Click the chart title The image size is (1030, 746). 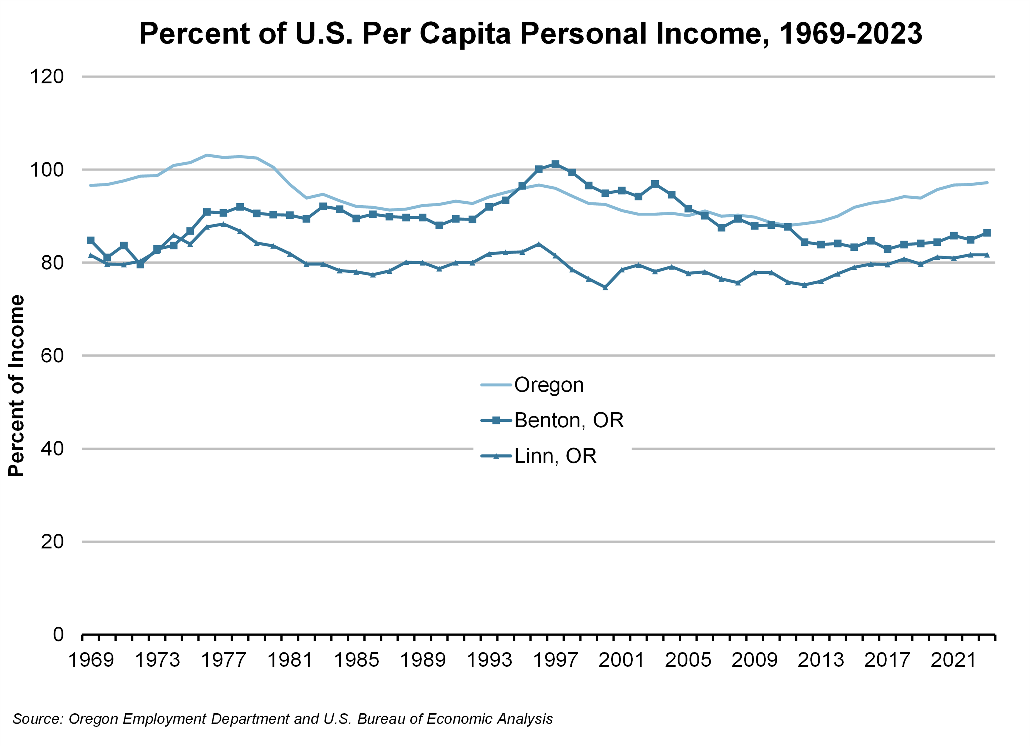click(531, 34)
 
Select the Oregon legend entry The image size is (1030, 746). click(548, 385)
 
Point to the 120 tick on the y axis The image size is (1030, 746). click(47, 77)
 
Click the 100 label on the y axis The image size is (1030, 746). click(47, 170)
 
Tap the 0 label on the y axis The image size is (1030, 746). click(58, 634)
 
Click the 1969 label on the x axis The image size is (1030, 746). click(91, 660)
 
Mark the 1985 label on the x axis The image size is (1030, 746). click(356, 660)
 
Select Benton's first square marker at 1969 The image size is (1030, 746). click(91, 240)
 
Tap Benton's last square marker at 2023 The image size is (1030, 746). click(986, 233)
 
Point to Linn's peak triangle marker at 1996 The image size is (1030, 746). click(539, 244)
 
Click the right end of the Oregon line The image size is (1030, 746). click(987, 183)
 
